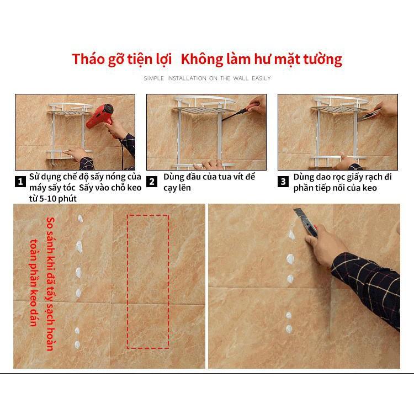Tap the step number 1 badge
pos(20,182)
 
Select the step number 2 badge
pos(152,182)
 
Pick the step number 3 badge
pos(283,182)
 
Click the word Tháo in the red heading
pos(88,59)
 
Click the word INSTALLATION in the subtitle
pos(187,78)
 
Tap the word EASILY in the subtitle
pos(261,78)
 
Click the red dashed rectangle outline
pos(128,282)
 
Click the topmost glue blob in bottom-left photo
pos(80,219)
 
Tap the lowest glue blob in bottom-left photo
pos(77,344)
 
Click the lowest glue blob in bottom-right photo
pos(289,329)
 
